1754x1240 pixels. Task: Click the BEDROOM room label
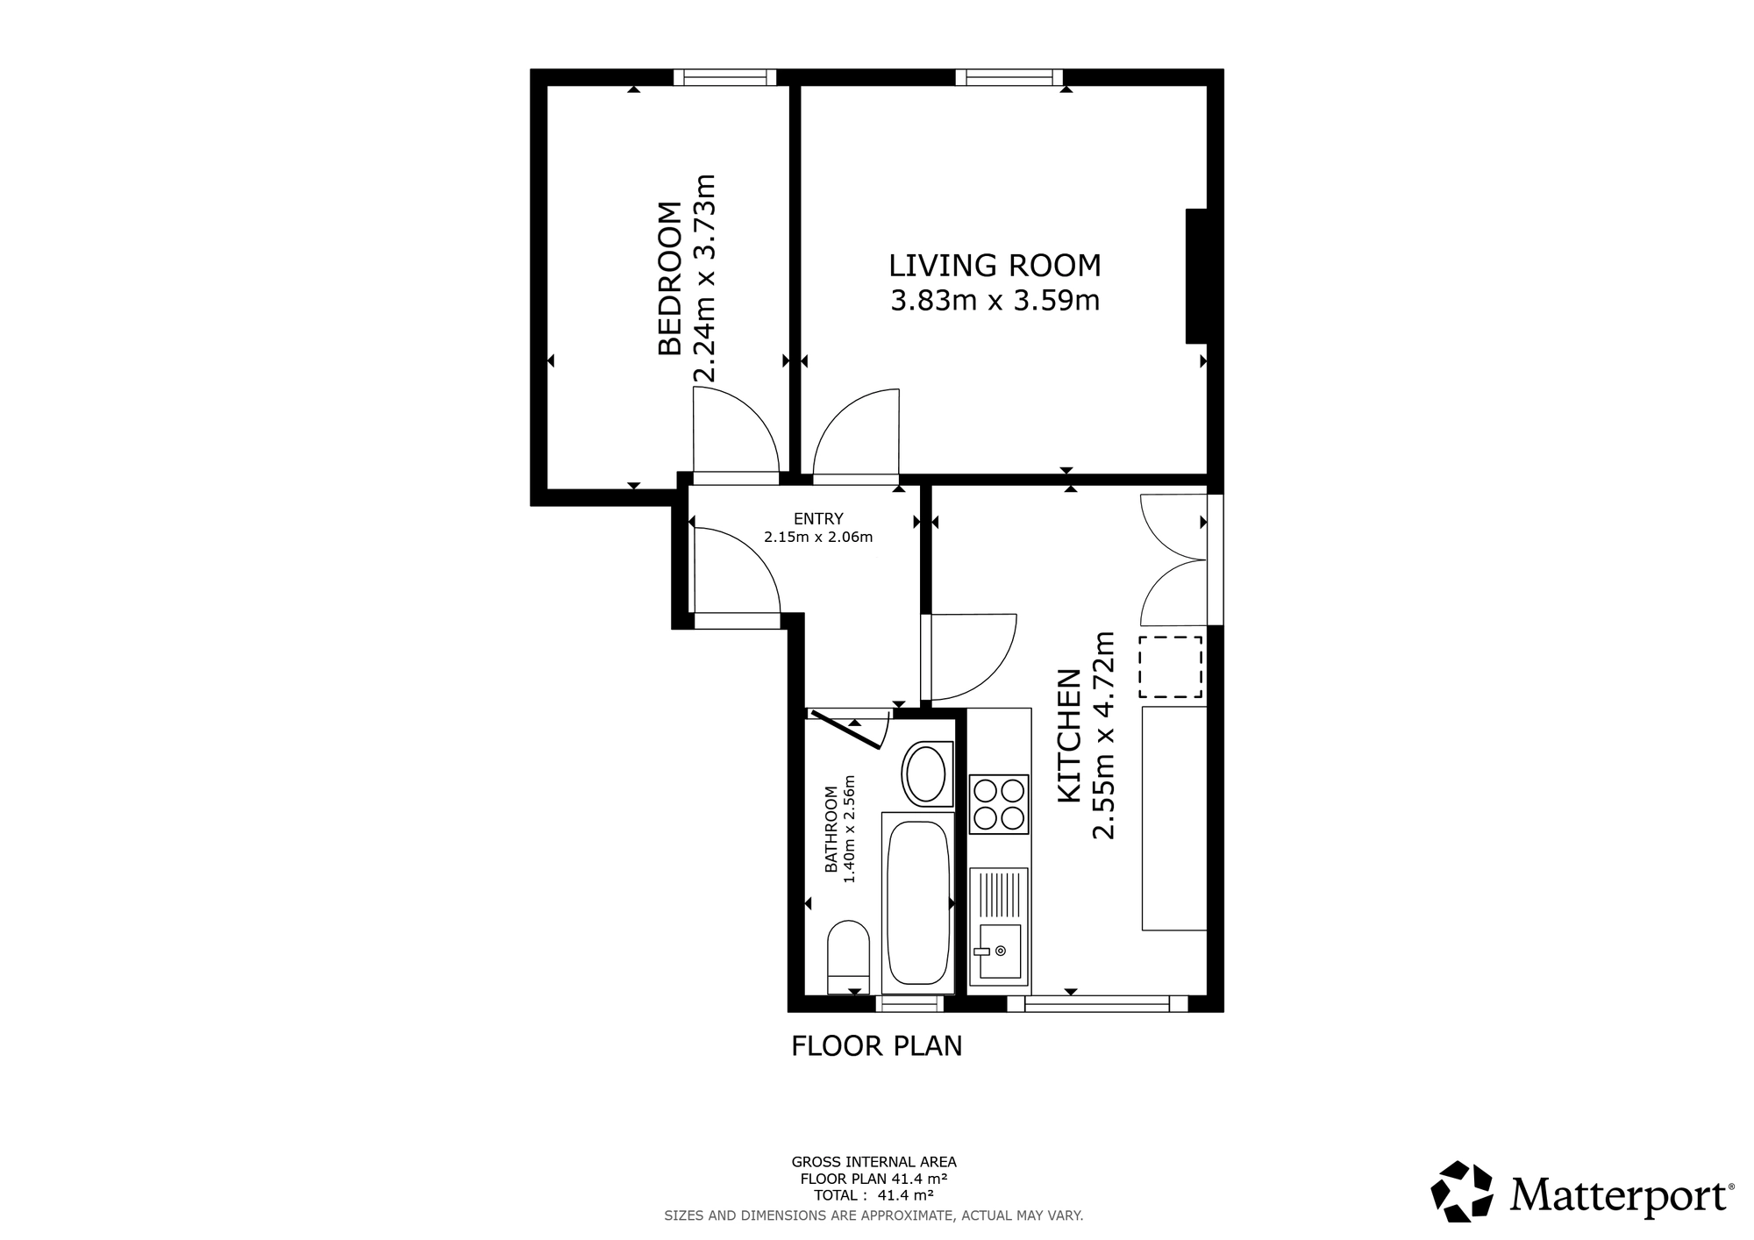click(x=669, y=279)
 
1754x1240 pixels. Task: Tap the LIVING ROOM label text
click(x=995, y=265)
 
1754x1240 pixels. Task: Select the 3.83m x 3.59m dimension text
click(x=995, y=301)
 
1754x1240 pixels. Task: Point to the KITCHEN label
click(x=1068, y=735)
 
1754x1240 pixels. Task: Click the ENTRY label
click(x=818, y=518)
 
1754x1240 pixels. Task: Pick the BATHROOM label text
click(x=831, y=830)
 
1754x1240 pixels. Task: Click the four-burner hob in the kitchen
click(x=999, y=804)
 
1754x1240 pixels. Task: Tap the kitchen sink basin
click(x=1000, y=951)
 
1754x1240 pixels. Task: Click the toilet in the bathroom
click(x=848, y=957)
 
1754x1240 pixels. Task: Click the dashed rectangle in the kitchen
click(x=1171, y=667)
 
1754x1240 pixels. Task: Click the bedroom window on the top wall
click(x=725, y=77)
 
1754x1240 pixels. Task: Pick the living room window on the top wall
click(x=1009, y=77)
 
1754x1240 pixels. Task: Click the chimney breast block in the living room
click(x=1197, y=275)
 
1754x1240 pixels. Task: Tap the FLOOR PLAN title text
click(x=877, y=1046)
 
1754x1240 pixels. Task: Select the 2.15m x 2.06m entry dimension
click(x=818, y=538)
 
